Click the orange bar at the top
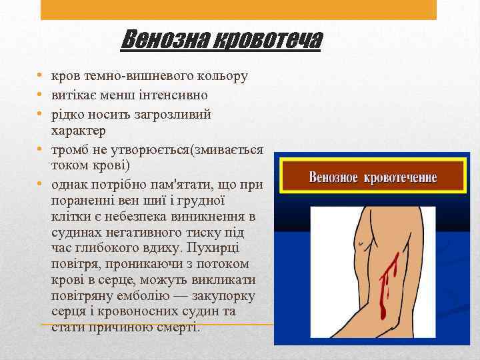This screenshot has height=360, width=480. point(239,9)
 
